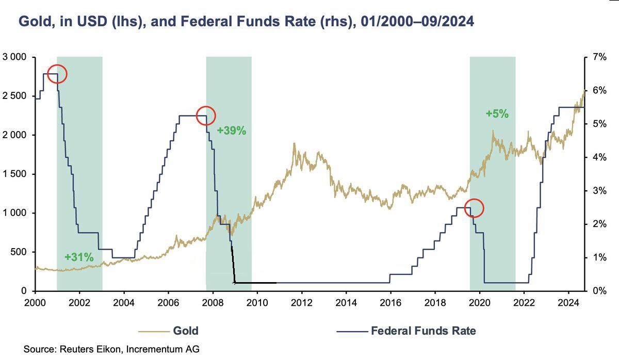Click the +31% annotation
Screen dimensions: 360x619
[x=79, y=256]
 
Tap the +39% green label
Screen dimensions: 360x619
[x=231, y=131]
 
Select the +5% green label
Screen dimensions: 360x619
[x=497, y=114]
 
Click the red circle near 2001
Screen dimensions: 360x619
[x=57, y=74]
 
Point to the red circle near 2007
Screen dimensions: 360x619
[x=205, y=116]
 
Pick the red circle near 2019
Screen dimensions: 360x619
[x=474, y=208]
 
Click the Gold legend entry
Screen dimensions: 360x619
[x=185, y=331]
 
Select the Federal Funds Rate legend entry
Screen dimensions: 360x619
[x=423, y=331]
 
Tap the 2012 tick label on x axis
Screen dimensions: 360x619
[x=301, y=302]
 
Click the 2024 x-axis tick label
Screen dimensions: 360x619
[x=569, y=302]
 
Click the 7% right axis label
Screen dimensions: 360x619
[x=598, y=57]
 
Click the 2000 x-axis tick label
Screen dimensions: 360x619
[x=35, y=302]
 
